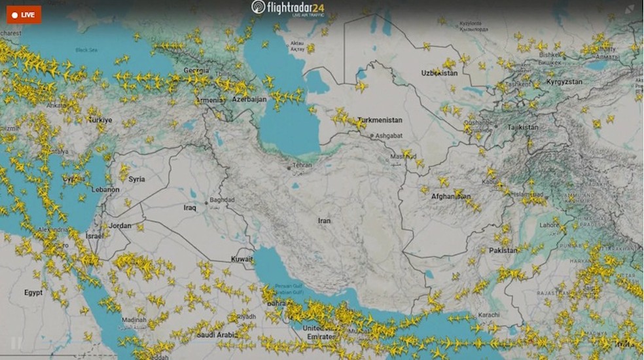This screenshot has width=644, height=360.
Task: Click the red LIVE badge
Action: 24,14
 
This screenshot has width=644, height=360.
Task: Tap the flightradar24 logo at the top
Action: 287,7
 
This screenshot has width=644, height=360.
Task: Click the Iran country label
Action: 324,221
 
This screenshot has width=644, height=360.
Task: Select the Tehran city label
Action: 302,166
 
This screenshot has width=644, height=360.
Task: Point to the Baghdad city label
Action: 222,200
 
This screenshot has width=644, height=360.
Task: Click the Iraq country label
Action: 190,207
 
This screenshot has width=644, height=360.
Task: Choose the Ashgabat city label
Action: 387,136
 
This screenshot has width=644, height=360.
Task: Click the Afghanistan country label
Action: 450,195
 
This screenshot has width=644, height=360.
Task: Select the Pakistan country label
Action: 503,250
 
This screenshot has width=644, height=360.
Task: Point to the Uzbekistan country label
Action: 439,73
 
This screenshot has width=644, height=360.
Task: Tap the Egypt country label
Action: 33,293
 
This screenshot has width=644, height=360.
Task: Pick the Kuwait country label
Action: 242,259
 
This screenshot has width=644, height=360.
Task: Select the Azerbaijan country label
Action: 249,99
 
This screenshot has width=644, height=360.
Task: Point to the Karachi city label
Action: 488,315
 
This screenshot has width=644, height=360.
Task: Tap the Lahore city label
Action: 549,225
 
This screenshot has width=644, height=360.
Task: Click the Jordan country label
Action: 120,226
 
